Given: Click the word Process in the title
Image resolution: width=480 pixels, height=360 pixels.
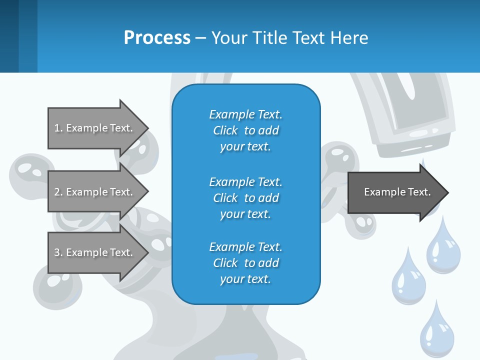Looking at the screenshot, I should coord(157,38).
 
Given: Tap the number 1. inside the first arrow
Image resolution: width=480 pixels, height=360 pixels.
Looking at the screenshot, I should coord(58,128).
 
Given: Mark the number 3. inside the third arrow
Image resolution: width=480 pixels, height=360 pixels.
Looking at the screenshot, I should coord(58,252).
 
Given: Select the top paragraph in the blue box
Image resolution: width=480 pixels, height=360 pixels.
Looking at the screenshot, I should coord(245,130).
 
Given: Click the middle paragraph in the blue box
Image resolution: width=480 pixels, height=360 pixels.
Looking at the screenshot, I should coord(245,197).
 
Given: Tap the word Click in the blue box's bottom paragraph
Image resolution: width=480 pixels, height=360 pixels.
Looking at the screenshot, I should coord(225,263).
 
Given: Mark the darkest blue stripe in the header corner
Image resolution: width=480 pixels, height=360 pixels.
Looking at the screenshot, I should coord(9,36).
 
